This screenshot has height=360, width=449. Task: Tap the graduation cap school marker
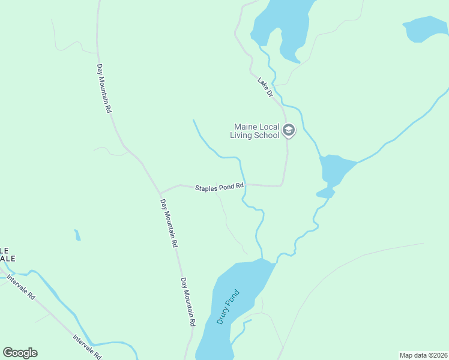point(289,130)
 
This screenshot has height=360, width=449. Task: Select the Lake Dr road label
point(265,86)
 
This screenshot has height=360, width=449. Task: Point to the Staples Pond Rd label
point(219,188)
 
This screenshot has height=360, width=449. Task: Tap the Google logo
point(20,353)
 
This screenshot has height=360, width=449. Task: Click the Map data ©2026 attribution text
point(423,355)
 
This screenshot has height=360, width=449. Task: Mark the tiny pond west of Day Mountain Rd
point(77,235)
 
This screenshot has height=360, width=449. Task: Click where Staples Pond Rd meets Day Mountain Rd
point(160,193)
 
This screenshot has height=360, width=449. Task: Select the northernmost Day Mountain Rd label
point(104,89)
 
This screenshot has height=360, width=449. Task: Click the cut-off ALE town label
point(8,254)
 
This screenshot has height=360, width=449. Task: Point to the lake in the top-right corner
point(426,29)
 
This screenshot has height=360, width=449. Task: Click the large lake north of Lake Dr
point(282,24)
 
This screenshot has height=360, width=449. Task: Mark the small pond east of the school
point(333,171)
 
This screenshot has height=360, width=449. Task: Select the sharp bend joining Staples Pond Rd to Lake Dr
point(281,185)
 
